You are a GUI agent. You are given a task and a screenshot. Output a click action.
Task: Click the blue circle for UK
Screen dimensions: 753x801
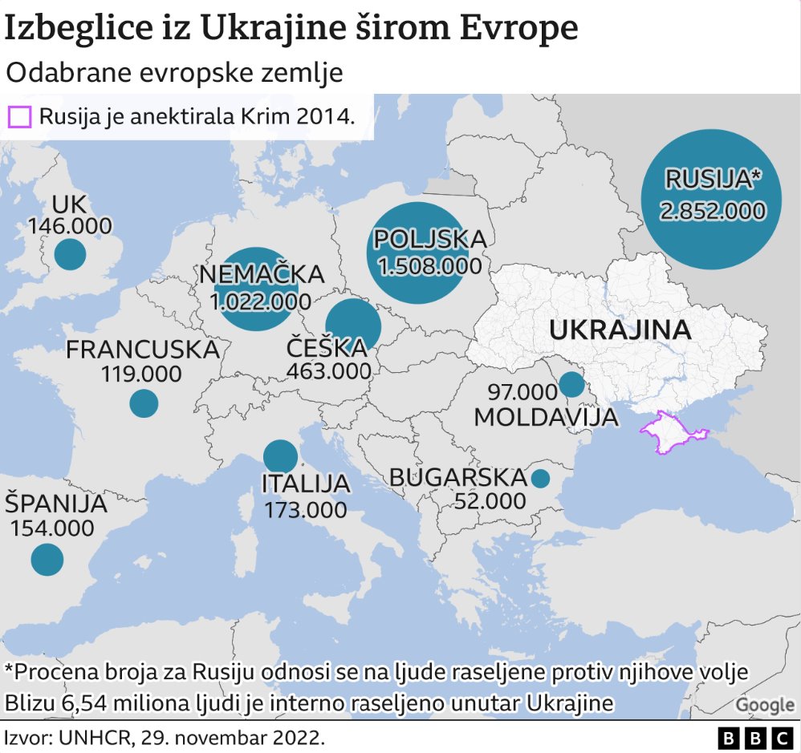pyautogui.click(x=70, y=255)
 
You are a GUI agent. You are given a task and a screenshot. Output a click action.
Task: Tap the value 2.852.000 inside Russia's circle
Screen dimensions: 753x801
pyautogui.click(x=711, y=211)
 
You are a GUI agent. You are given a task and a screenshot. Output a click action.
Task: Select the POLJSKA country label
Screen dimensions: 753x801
pyautogui.click(x=430, y=239)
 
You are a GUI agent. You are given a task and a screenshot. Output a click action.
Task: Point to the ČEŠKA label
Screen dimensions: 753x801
pyautogui.click(x=327, y=347)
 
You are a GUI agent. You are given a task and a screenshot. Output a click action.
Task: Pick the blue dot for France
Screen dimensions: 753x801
pyautogui.click(x=144, y=403)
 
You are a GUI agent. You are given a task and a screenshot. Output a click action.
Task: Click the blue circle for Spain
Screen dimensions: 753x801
pyautogui.click(x=47, y=559)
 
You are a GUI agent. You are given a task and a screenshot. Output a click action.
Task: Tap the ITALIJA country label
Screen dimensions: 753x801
pyautogui.click(x=306, y=484)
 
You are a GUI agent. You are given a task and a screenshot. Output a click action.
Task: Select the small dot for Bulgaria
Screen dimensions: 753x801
pyautogui.click(x=540, y=479)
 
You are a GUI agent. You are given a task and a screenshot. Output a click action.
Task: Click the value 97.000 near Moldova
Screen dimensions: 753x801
pyautogui.click(x=522, y=392)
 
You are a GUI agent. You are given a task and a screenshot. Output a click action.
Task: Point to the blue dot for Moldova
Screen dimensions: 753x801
pyautogui.click(x=571, y=384)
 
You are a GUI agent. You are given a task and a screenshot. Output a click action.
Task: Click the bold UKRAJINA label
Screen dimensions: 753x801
pyautogui.click(x=620, y=330)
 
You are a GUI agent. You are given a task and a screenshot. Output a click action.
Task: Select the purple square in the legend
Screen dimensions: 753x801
pyautogui.click(x=18, y=117)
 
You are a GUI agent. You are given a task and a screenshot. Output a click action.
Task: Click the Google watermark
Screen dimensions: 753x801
pyautogui.click(x=764, y=704)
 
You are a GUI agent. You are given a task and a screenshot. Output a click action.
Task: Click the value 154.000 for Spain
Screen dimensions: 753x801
pyautogui.click(x=51, y=528)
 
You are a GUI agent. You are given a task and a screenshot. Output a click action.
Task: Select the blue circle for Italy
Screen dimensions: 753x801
pyautogui.click(x=280, y=456)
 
